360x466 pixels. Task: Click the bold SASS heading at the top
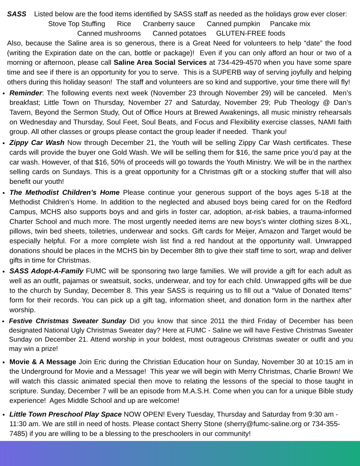(x=16, y=14)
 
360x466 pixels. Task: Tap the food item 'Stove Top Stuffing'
(x=76, y=24)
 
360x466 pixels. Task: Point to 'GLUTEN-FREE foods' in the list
(x=251, y=34)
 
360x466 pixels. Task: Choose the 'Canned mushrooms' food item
(x=109, y=34)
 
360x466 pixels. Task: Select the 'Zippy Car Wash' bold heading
(x=36, y=143)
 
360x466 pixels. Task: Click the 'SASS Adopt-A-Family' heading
(x=46, y=271)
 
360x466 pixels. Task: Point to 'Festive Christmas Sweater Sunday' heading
(x=68, y=321)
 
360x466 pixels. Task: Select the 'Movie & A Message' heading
(x=43, y=362)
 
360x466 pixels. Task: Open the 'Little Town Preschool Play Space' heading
(x=65, y=414)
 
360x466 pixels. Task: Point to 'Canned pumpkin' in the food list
(x=233, y=24)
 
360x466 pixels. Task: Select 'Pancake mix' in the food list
(x=290, y=24)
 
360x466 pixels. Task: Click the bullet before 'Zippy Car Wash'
(x=4, y=143)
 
